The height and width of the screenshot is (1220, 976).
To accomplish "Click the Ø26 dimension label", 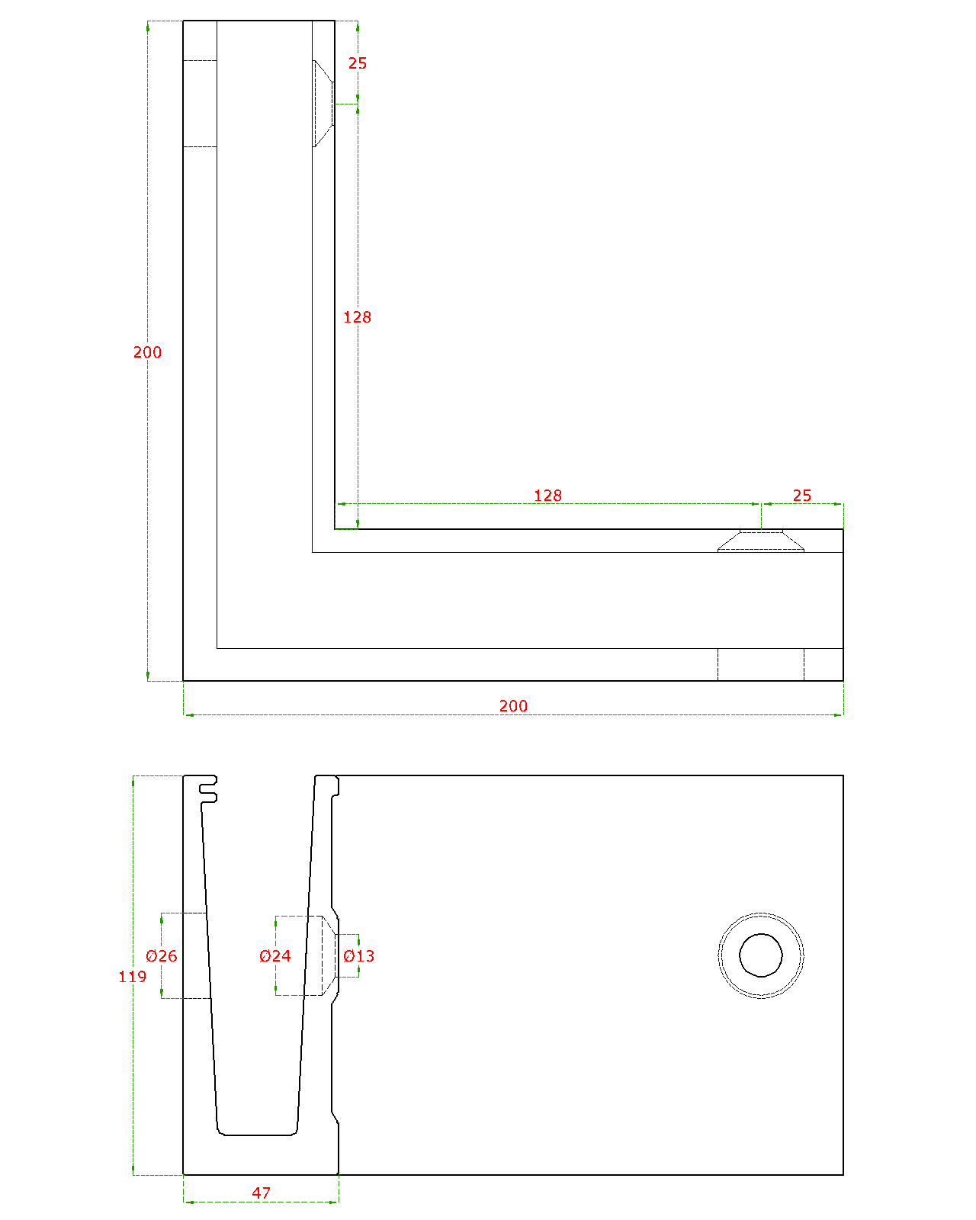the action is (161, 956).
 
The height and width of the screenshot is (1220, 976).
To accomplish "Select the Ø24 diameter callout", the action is (274, 956).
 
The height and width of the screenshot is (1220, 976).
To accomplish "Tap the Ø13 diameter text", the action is (358, 956).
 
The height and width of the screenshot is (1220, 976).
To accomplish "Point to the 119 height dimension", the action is (132, 976).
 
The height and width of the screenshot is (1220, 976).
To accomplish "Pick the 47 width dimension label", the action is (261, 1193).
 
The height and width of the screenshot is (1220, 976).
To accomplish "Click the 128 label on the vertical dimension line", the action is (358, 317).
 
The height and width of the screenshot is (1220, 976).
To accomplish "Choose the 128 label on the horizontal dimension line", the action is (547, 496).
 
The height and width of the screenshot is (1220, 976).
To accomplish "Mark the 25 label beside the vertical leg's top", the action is (358, 63).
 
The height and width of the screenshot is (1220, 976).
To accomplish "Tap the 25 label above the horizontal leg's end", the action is (802, 496).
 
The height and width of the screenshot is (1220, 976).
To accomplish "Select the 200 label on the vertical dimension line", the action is (147, 352).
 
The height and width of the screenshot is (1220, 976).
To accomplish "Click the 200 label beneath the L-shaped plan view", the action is (513, 706).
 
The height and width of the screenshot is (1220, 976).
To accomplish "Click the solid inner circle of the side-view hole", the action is (760, 955).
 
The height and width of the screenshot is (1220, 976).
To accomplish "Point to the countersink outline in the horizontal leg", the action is (760, 541).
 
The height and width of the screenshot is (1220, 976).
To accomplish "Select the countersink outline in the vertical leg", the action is (323, 103).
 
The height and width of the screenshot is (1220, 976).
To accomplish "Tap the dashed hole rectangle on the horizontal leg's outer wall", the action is (760, 664).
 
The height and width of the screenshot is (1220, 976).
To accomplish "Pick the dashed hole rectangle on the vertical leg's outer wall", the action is (200, 103).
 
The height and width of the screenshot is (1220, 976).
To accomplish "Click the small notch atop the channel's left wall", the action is (207, 789).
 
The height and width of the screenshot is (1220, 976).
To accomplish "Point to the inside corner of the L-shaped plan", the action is (335, 529).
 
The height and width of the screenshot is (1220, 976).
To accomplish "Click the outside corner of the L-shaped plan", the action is (183, 680).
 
